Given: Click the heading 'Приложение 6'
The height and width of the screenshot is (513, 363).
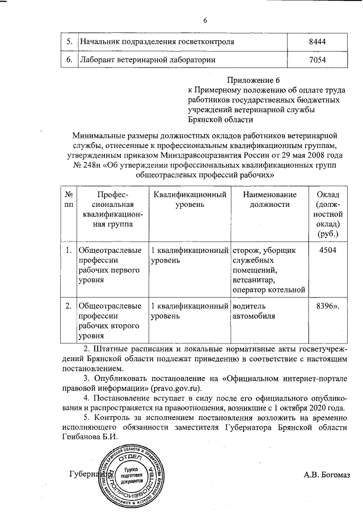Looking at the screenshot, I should (x=254, y=80).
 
